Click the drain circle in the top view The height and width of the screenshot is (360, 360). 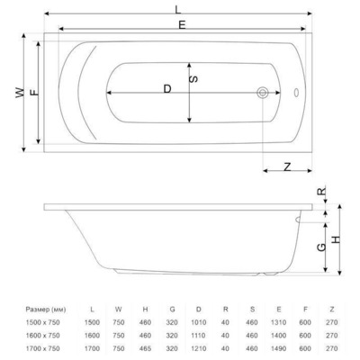263,93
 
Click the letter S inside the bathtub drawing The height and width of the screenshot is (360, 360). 194,80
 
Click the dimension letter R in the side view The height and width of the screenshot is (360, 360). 320,192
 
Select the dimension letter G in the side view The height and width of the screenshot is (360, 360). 320,247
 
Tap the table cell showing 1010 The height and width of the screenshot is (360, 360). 200,321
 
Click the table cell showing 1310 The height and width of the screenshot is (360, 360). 281,321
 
